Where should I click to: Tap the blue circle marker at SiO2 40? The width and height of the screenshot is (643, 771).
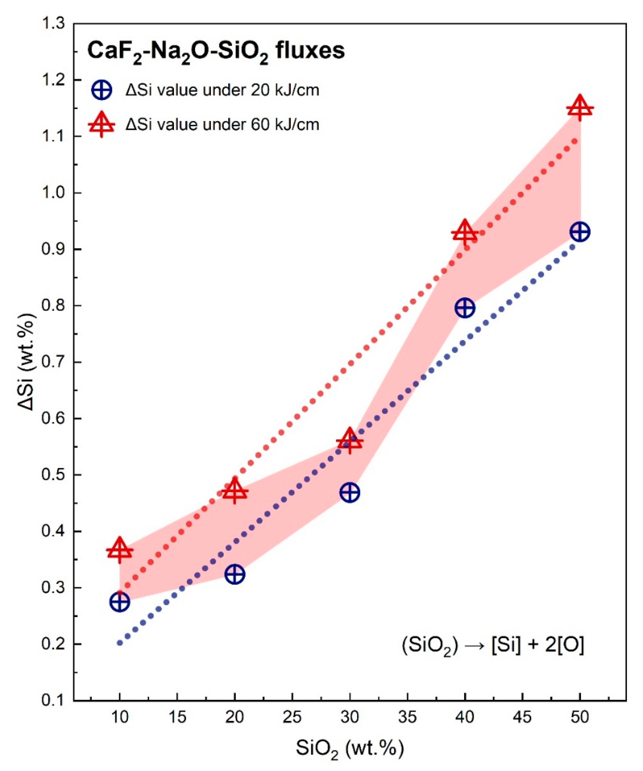[x=465, y=308]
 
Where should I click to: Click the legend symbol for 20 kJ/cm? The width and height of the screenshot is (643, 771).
[x=102, y=90]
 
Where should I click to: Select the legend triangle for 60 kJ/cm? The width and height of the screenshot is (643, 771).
[x=102, y=125]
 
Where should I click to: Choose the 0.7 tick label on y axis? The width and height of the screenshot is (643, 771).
[x=54, y=362]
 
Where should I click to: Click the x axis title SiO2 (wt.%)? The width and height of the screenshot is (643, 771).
[x=349, y=749]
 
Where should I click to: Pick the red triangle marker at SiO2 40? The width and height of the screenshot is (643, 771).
[x=465, y=234]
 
